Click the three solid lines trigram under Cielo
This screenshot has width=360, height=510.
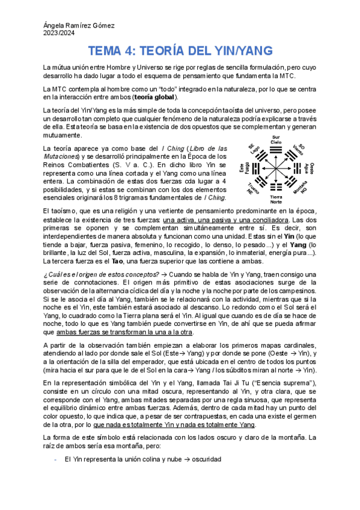pos(276,151)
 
